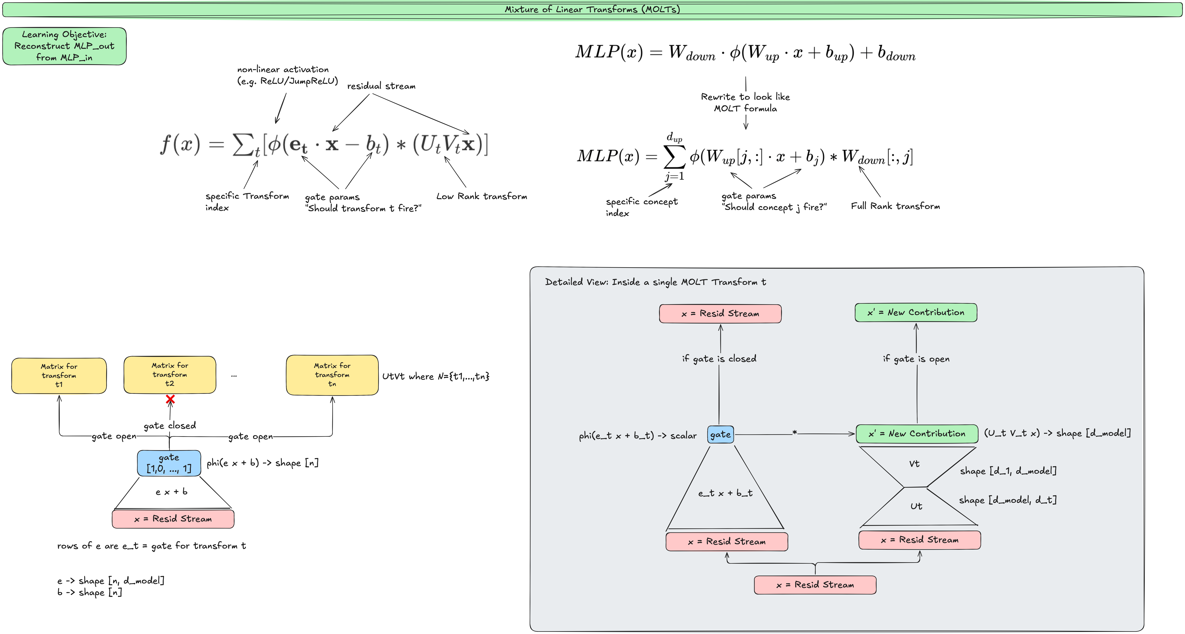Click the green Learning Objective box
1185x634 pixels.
tap(64, 46)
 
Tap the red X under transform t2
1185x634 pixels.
tap(170, 399)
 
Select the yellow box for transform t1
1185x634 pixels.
tap(59, 375)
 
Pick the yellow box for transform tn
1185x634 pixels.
tap(332, 375)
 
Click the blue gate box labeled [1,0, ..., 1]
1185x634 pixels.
tap(169, 463)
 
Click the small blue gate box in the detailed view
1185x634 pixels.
tap(720, 434)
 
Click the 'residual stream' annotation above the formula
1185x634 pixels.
tap(381, 86)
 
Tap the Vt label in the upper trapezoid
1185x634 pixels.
tap(914, 464)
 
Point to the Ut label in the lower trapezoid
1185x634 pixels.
tap(916, 506)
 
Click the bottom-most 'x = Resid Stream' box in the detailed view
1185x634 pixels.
tap(815, 585)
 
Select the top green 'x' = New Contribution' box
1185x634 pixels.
tap(915, 312)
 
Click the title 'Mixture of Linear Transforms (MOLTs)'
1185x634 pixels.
tap(592, 9)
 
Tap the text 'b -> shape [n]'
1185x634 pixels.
tap(90, 593)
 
